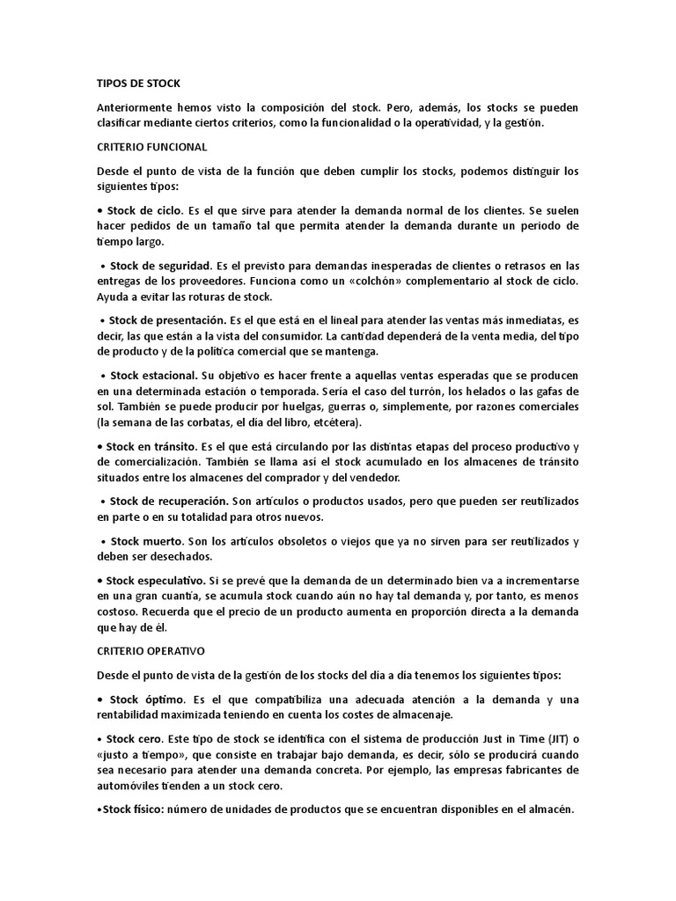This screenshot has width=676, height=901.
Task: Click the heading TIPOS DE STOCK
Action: (x=138, y=84)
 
